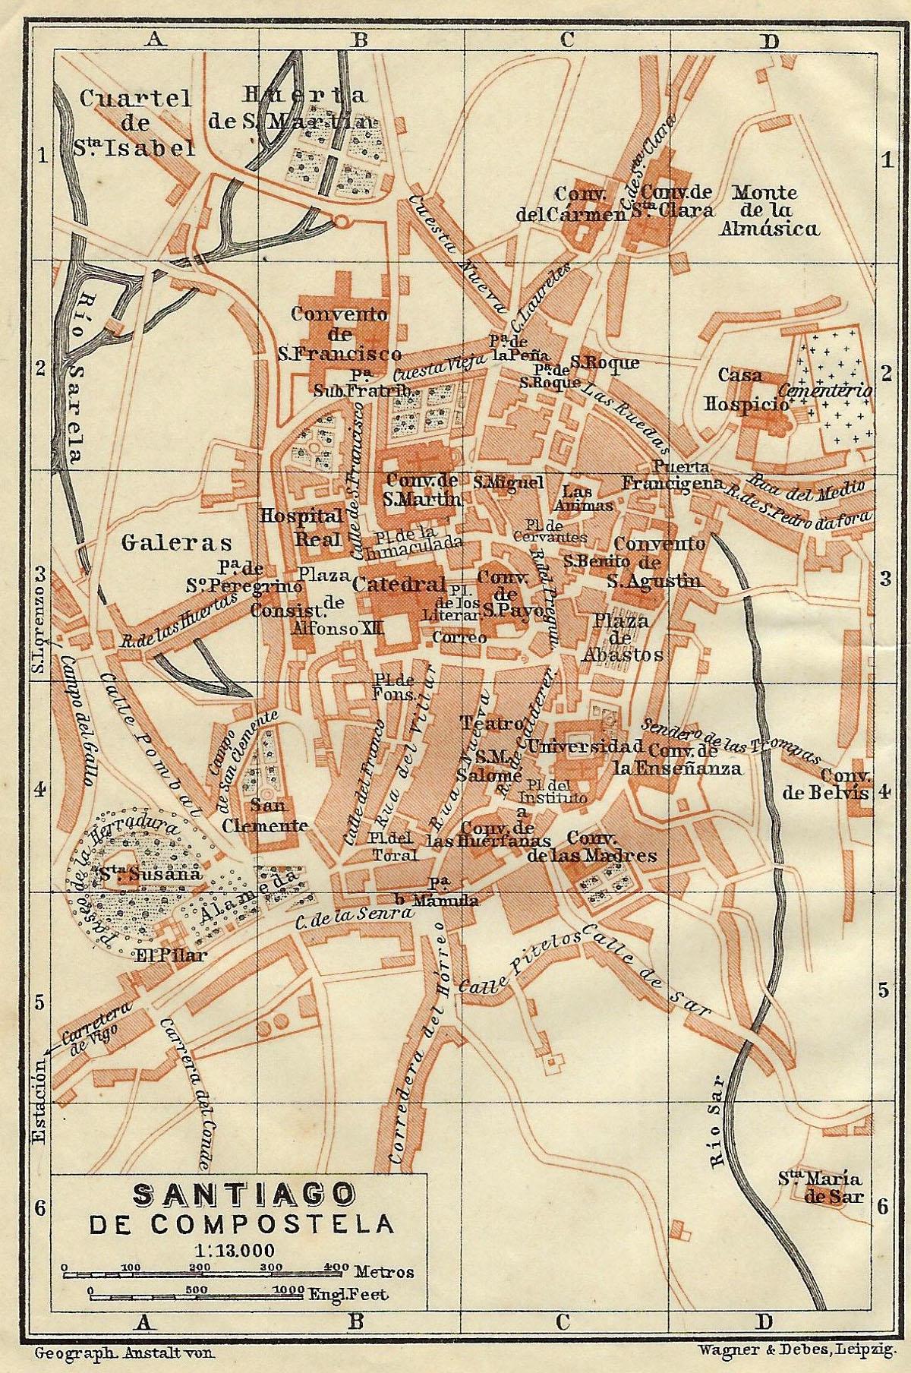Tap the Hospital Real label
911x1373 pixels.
click(x=302, y=526)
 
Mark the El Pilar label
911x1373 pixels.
click(x=170, y=956)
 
